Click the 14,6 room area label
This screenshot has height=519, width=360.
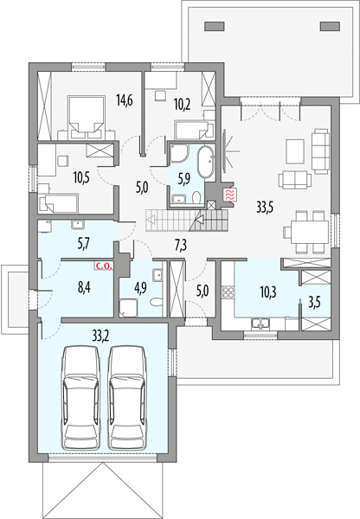pos(125,99)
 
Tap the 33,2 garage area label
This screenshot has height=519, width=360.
pos(101,336)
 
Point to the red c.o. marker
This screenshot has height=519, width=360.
pos(105,266)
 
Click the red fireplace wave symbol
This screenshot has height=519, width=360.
pos(230,194)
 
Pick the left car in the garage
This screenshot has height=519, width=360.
pos(80,398)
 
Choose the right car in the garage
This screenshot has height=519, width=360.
pos(127,398)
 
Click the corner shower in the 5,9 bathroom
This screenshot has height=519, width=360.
pos(179,153)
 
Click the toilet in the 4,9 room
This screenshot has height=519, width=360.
pos(156,302)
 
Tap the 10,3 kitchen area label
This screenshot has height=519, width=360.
pos(268,292)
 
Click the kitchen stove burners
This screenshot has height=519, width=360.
pos(228,292)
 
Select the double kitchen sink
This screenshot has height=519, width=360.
pos(261,324)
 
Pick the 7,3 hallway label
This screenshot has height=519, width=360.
pos(181,246)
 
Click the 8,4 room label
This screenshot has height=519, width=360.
pos(84,287)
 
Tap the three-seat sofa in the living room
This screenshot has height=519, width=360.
pos(320,151)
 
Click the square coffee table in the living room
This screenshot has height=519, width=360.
pos(295,151)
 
